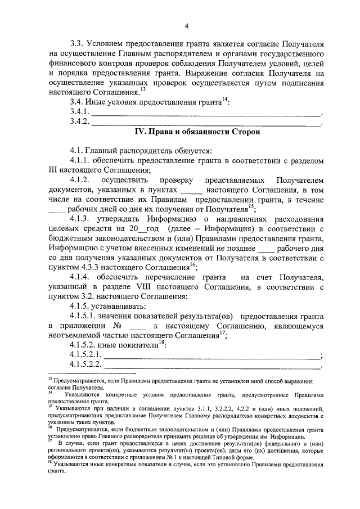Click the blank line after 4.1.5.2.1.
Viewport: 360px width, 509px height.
(210, 355)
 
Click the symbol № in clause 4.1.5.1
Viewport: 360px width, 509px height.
(118, 326)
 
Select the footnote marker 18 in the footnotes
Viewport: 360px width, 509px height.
(49, 464)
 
